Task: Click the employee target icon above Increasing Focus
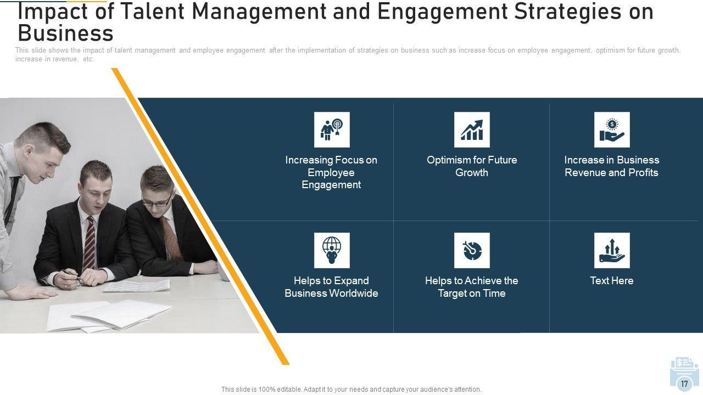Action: pyautogui.click(x=332, y=129)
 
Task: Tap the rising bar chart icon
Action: pyautogui.click(x=472, y=129)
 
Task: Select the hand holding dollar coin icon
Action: pyautogui.click(x=612, y=129)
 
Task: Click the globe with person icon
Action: pyautogui.click(x=332, y=250)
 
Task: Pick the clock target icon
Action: pyautogui.click(x=472, y=250)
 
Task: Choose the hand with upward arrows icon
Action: pyautogui.click(x=612, y=250)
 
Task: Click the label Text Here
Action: pyautogui.click(x=612, y=280)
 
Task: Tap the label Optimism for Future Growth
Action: pyautogui.click(x=472, y=166)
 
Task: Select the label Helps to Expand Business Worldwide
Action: pyautogui.click(x=331, y=287)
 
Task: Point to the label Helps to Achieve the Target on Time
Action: pyautogui.click(x=472, y=287)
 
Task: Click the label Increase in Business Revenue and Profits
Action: pyautogui.click(x=612, y=166)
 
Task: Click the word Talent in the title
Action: pyautogui.click(x=153, y=12)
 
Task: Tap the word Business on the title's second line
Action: pyautogui.click(x=65, y=33)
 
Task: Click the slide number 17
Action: pyautogui.click(x=684, y=383)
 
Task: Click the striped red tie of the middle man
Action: pyautogui.click(x=90, y=242)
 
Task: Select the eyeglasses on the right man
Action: pyautogui.click(x=157, y=201)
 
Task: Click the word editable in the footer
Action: pyautogui.click(x=289, y=390)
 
